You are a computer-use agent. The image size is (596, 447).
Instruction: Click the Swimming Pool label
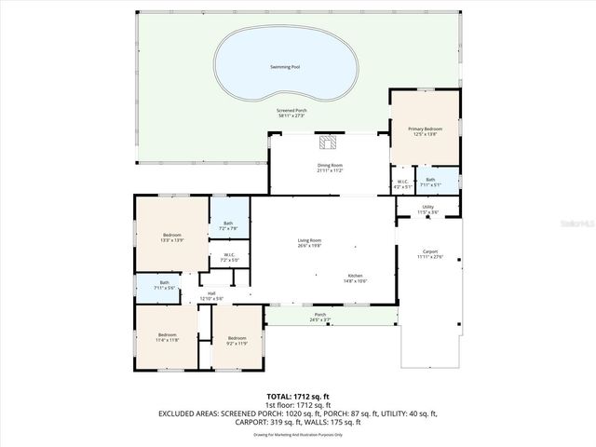tap(284, 67)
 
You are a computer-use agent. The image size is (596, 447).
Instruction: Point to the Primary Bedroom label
tap(425, 130)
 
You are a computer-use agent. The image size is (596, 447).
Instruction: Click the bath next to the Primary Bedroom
tap(430, 182)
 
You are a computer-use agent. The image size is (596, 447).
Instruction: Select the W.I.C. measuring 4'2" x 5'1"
tap(402, 183)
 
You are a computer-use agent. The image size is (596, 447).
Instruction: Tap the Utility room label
tap(427, 210)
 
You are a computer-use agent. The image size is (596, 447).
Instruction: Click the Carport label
tap(430, 253)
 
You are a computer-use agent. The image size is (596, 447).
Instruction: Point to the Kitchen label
tap(356, 278)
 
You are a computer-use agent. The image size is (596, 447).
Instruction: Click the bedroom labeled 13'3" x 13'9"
tap(172, 237)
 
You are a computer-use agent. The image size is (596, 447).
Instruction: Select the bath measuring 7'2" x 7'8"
tap(229, 223)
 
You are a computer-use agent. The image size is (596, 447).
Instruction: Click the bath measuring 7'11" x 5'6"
tap(164, 284)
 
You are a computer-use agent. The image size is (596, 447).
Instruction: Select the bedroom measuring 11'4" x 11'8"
tap(167, 337)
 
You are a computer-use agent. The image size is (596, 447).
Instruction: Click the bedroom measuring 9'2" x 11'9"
tap(237, 340)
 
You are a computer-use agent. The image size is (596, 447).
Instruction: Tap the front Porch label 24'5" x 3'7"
tap(320, 317)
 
